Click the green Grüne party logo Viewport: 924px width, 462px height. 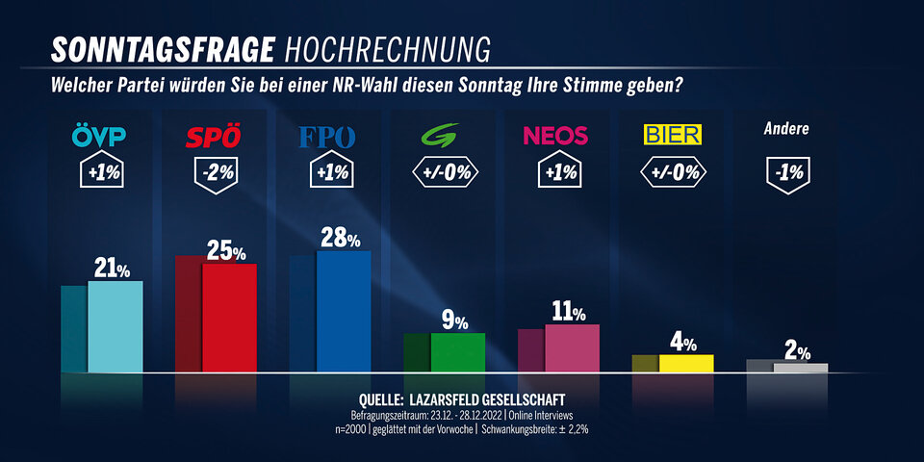tap(444, 136)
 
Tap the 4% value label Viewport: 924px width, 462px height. tap(683, 343)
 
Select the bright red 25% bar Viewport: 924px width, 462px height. tap(229, 317)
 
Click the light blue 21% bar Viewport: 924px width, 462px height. tap(115, 326)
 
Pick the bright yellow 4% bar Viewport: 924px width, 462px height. tap(685, 363)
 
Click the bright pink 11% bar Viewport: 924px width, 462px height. tap(572, 347)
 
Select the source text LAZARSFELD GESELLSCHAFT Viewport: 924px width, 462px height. tap(487, 398)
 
